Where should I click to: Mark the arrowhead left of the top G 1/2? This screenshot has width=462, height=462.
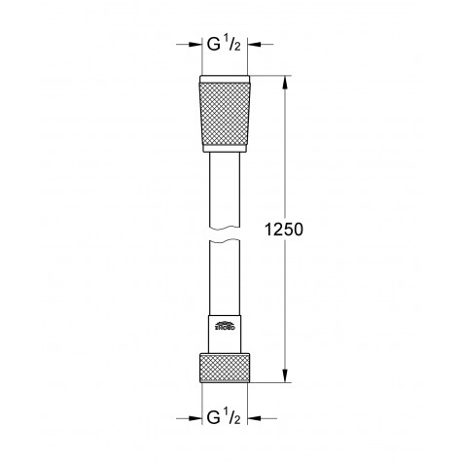pyautogui.click(x=195, y=44)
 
